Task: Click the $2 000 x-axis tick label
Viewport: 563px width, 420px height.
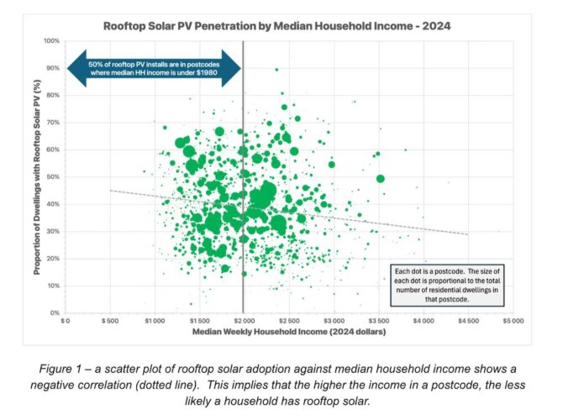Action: click(244, 322)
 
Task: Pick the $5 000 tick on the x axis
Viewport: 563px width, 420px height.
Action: click(512, 322)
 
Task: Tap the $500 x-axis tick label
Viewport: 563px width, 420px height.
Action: click(110, 322)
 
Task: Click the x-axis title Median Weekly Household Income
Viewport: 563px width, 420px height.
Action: click(287, 333)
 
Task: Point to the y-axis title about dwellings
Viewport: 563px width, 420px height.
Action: click(38, 177)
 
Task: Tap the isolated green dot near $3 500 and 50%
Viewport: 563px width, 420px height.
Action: click(380, 178)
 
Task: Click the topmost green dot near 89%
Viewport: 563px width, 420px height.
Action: click(276, 70)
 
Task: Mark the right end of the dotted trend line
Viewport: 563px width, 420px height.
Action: click(467, 234)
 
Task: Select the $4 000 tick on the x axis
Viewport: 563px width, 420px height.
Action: click(423, 322)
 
